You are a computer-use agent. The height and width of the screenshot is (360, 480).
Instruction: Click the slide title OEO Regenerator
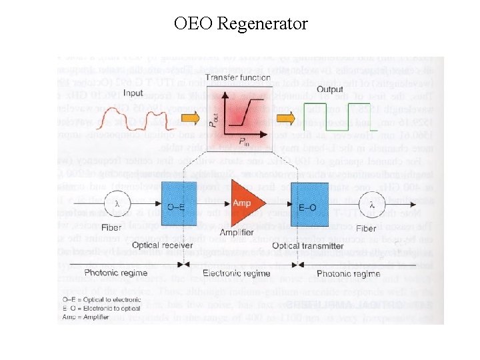point(241,25)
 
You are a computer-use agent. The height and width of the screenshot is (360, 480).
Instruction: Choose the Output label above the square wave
point(330,89)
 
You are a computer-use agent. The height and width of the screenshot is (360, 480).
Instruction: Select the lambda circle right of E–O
point(372,205)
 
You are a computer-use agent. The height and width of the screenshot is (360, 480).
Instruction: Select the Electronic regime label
point(238,273)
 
